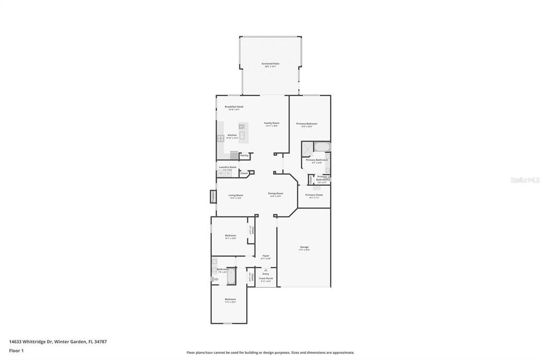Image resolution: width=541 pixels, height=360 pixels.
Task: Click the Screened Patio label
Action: [270, 64]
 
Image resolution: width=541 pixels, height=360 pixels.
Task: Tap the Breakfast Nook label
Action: [234, 107]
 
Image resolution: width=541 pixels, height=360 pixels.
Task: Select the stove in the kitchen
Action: [220, 138]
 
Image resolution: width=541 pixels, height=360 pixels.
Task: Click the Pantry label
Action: [244, 155]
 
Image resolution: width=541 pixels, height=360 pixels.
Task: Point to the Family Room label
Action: [272, 123]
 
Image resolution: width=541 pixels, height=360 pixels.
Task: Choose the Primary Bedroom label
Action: [306, 124]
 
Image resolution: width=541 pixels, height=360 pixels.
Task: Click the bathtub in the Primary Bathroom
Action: [322, 147]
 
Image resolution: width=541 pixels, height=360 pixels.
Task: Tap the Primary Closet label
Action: [314, 195]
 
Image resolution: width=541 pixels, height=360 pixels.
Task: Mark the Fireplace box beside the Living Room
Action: [213, 196]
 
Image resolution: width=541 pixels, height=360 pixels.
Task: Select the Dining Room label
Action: [276, 193]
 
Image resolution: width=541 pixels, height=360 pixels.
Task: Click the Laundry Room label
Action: [228, 167]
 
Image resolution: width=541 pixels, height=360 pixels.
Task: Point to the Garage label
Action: [304, 247]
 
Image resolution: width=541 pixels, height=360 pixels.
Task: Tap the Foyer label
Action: [266, 256]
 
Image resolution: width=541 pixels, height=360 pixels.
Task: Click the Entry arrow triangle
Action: [266, 270]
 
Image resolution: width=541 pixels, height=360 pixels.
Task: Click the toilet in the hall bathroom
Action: [214, 279]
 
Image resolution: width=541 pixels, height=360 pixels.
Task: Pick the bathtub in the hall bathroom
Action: [231, 276]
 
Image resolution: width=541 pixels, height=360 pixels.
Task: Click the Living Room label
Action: [236, 195]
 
